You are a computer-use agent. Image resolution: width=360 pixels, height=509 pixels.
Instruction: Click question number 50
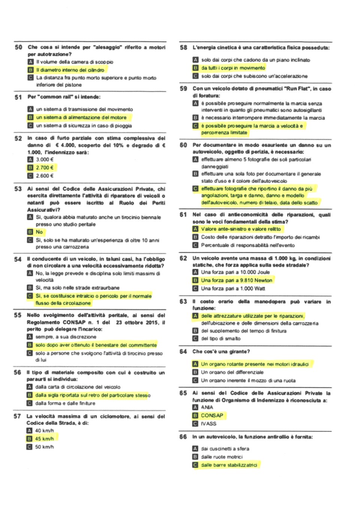tap(18, 47)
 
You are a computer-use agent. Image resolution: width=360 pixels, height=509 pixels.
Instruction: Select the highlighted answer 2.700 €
tap(45, 168)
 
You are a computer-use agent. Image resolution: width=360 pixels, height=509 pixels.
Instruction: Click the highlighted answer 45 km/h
tap(44, 438)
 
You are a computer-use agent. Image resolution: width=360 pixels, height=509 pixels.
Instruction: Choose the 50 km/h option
tap(44, 447)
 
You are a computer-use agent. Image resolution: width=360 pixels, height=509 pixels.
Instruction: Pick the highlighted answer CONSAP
tap(212, 415)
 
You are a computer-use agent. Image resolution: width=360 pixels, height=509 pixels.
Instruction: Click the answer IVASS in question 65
tap(208, 423)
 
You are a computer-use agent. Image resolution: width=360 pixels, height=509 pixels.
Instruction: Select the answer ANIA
tap(207, 407)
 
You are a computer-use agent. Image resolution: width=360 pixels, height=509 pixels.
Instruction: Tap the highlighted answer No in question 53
tap(39, 232)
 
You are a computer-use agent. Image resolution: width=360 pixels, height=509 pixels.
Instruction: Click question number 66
tap(183, 437)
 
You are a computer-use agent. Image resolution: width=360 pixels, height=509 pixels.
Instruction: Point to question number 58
tap(183, 48)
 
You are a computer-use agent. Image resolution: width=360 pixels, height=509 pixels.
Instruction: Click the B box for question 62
tap(195, 280)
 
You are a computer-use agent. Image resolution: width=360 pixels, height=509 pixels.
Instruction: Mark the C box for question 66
tap(195, 465)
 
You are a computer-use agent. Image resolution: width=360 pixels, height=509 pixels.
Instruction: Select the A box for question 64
tap(195, 364)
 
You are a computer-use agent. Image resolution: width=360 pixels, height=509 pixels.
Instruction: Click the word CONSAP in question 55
tap(74, 322)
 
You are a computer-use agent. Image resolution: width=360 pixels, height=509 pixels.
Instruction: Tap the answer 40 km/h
tap(44, 430)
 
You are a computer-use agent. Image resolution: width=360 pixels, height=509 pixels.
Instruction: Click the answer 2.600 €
tap(45, 176)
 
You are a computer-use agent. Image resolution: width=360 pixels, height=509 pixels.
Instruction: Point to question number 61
tap(183, 215)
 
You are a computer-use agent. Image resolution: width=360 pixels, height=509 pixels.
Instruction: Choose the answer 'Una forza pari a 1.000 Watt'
tap(233, 288)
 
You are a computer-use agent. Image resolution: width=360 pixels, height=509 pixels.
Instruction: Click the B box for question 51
tap(30, 117)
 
